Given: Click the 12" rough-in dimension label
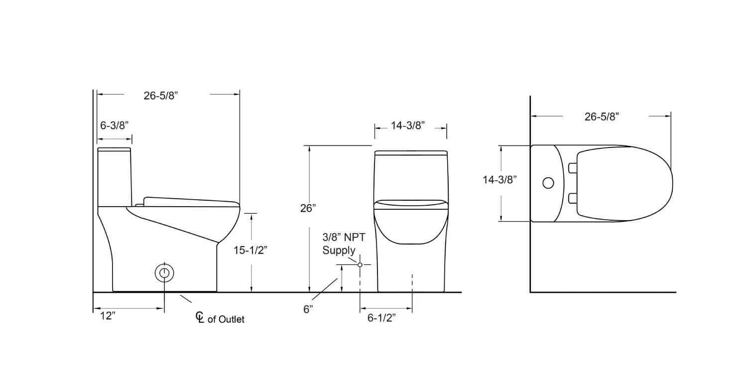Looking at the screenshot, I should click(107, 316).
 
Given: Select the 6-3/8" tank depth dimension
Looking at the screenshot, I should click(115, 126).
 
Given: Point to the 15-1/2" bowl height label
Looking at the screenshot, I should click(250, 250).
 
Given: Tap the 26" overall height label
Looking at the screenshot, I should click(308, 208).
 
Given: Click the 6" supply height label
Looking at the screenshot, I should click(308, 309).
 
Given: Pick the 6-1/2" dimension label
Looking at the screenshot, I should click(381, 318).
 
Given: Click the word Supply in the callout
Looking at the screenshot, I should click(339, 250).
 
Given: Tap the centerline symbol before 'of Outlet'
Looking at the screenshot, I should click(200, 317).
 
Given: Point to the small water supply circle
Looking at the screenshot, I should click(360, 264).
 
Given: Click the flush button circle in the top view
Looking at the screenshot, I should click(548, 183).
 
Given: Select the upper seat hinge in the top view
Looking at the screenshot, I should click(572, 168).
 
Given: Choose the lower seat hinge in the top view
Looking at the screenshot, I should click(572, 198).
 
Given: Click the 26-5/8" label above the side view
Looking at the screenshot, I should click(161, 96).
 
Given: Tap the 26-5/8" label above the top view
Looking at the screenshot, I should click(602, 117).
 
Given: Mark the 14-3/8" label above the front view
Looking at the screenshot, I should click(407, 126).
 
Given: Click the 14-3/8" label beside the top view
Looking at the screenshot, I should click(499, 180).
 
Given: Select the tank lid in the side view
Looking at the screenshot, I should click(114, 149).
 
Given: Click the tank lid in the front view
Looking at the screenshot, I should click(411, 152).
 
